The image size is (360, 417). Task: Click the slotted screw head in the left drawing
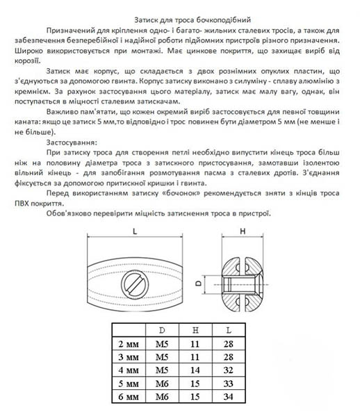(133, 284)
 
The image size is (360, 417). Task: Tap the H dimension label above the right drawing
(243, 231)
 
